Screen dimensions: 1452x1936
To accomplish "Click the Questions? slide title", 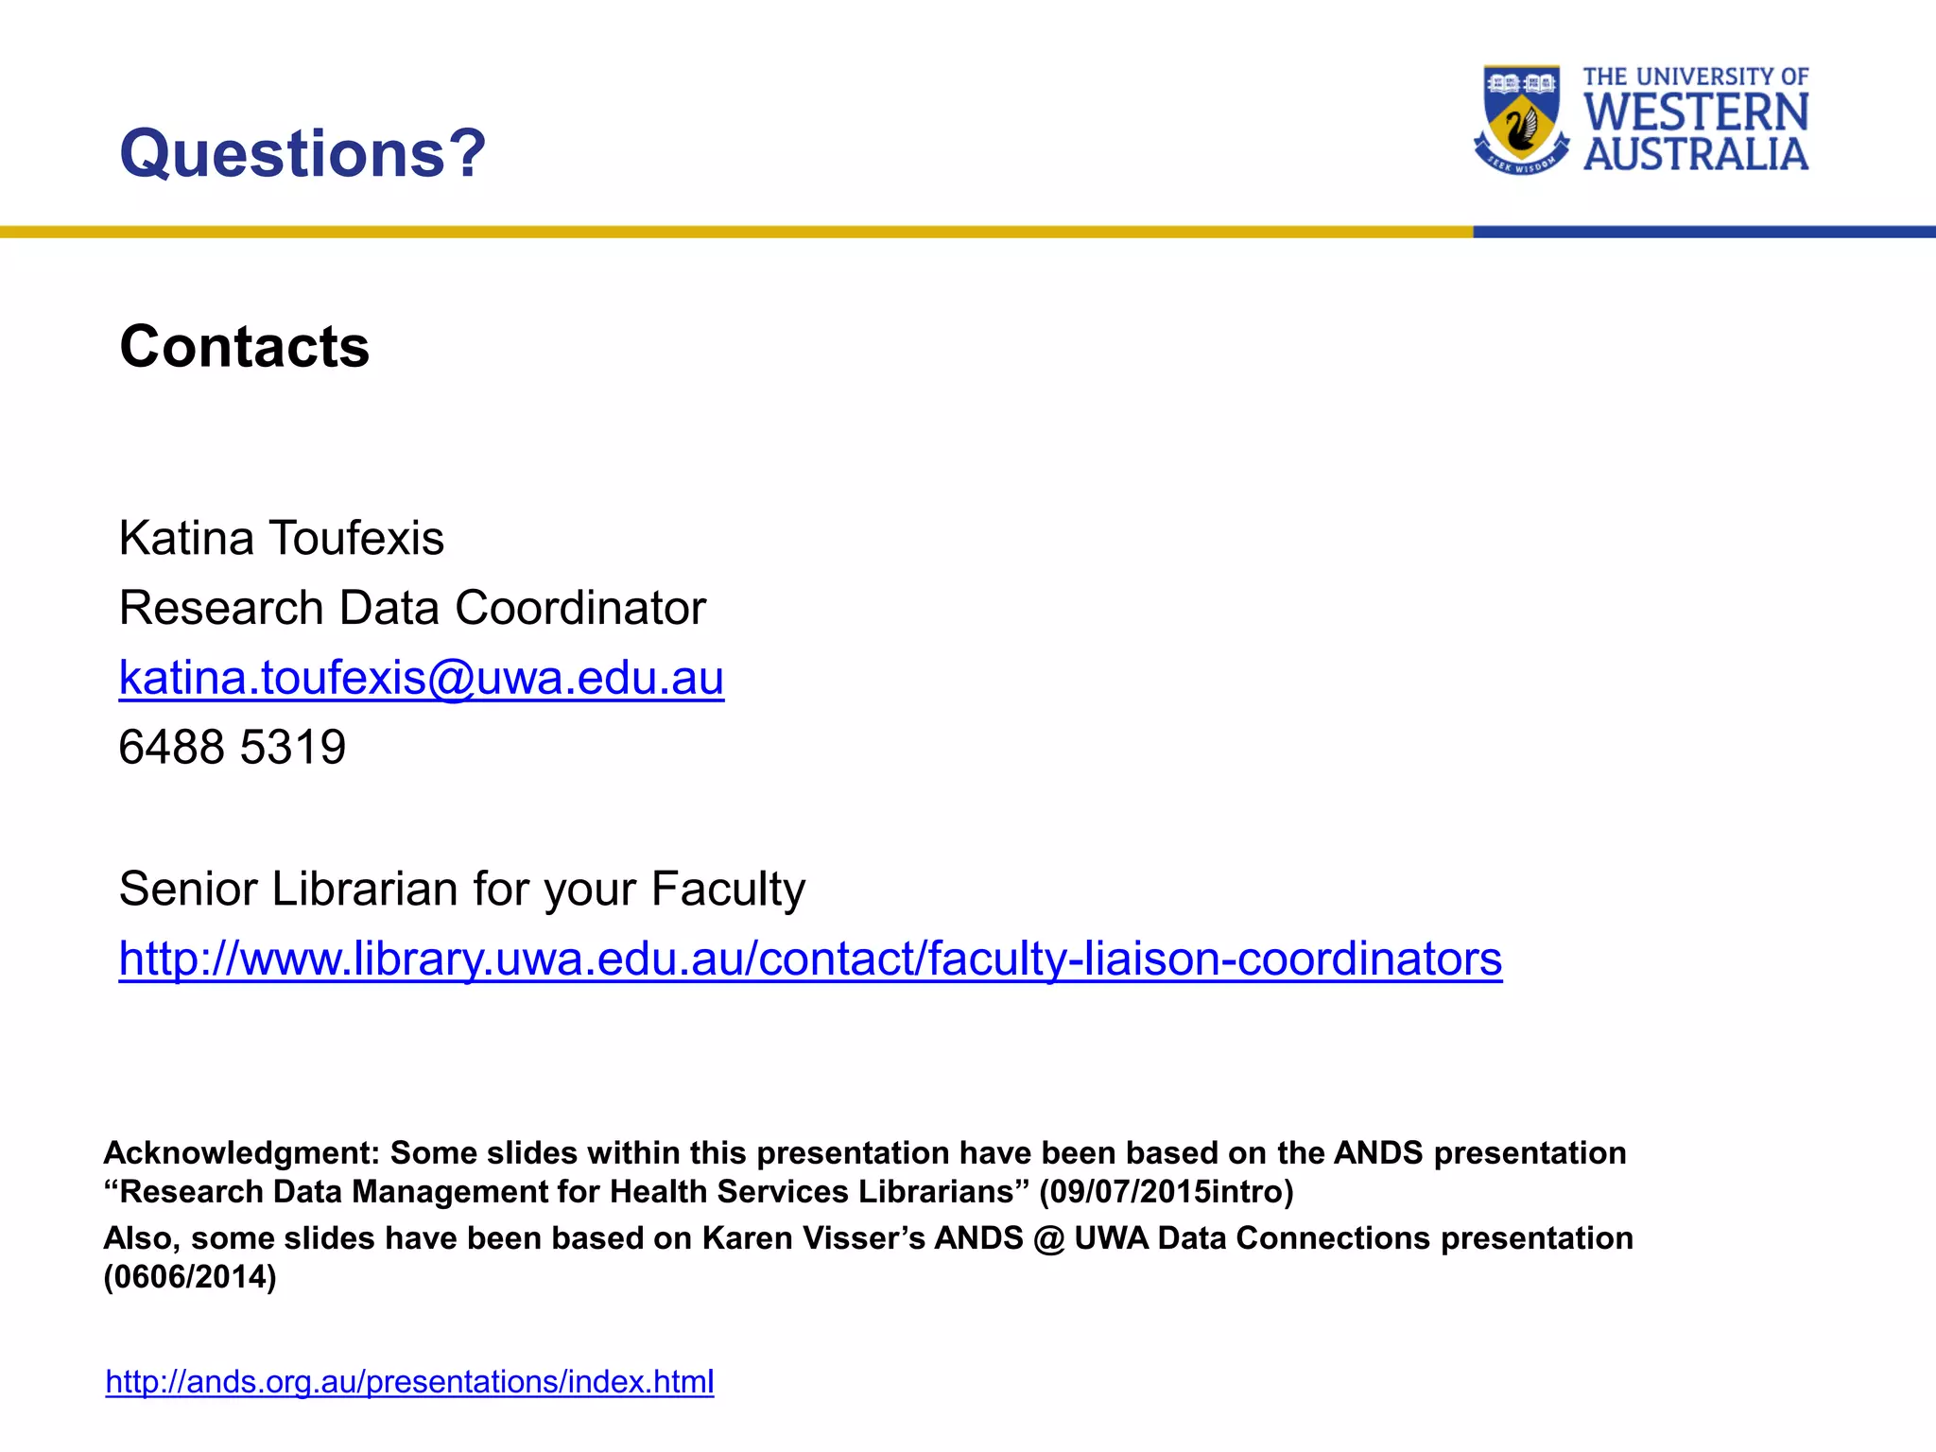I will coord(302,153).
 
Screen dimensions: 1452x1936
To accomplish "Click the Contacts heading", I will coord(244,347).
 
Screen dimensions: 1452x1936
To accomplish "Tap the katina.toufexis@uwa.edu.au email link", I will coord(421,678).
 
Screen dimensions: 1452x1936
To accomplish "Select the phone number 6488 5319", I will coord(233,748).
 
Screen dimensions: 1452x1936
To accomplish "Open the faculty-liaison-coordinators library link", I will coord(810,959).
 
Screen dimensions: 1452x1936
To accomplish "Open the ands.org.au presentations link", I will coord(409,1382).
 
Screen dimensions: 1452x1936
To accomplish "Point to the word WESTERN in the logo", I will coord(1696,112).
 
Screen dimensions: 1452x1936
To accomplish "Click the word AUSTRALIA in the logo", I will coord(1696,155).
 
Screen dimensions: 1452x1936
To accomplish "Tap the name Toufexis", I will coord(356,539).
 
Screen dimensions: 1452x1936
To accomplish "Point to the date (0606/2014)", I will coord(190,1277).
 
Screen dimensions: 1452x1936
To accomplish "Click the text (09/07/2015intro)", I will coord(1166,1192).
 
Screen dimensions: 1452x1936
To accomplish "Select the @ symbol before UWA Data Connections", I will coord(1048,1238).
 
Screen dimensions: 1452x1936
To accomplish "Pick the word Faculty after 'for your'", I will coord(728,890).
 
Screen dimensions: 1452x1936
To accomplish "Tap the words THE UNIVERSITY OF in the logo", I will coord(1696,77).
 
